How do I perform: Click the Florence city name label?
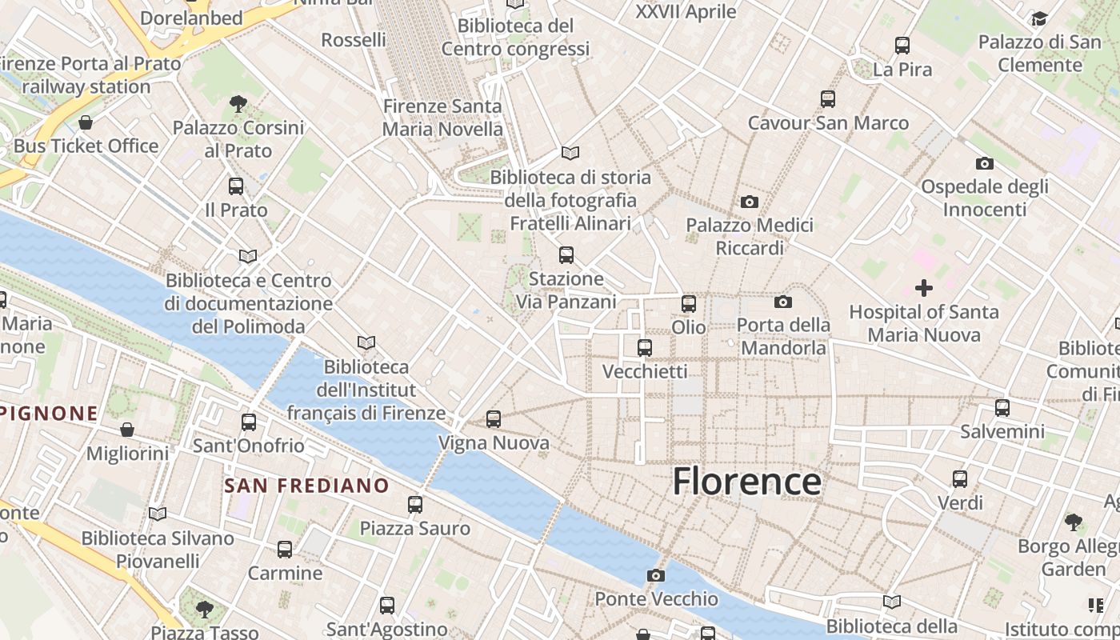[x=746, y=482]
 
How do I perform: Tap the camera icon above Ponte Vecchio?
[x=655, y=575]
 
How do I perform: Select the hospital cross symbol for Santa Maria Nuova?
[x=924, y=288]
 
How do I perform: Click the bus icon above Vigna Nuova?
[x=494, y=418]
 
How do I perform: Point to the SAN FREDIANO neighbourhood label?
[x=306, y=486]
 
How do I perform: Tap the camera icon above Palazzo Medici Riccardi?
[x=750, y=202]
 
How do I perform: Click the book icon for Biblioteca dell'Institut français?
[x=366, y=343]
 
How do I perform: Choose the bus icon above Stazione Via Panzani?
[x=566, y=255]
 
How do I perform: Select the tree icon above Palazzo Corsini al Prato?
[x=238, y=103]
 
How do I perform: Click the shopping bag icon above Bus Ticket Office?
[x=86, y=122]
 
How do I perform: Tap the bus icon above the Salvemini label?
[x=1002, y=407]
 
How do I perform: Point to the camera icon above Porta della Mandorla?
[x=783, y=302]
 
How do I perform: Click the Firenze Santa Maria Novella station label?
[x=442, y=117]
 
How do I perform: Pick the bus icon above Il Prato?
[x=236, y=186]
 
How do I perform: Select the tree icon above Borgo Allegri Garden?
[x=1074, y=522]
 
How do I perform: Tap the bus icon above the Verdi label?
[x=960, y=479]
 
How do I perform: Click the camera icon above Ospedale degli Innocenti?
[x=985, y=163]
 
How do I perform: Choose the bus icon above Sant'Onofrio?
[x=249, y=422]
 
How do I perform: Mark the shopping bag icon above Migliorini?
[x=127, y=430]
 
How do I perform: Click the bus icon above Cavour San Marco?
[x=828, y=99]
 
